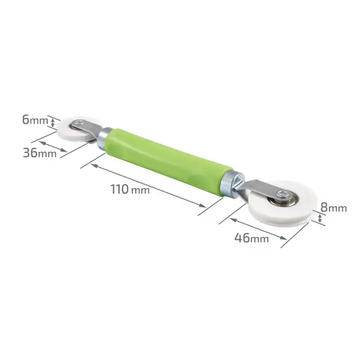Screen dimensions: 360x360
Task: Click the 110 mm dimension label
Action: (130, 189)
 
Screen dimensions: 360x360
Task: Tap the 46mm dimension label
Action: (251, 238)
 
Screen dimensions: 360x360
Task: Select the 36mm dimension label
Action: (40, 153)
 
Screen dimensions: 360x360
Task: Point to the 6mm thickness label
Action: (35, 120)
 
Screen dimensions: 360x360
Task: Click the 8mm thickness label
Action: (333, 207)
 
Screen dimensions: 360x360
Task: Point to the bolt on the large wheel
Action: (283, 194)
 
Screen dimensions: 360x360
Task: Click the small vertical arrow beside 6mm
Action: (54, 122)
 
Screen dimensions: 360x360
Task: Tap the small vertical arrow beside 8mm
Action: (319, 219)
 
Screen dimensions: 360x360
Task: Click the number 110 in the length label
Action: (120, 189)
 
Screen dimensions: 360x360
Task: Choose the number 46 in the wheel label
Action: (242, 238)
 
